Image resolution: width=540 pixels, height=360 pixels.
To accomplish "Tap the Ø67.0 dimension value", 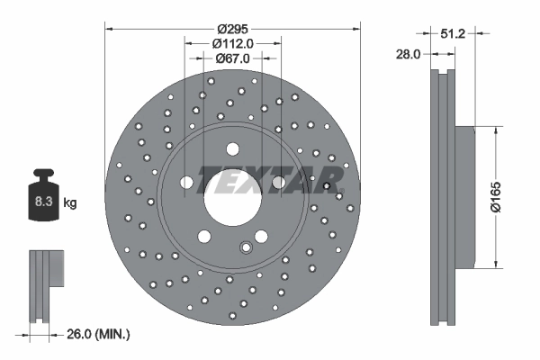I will pos(233,58).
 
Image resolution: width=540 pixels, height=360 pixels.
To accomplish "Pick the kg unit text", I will pos(70,204).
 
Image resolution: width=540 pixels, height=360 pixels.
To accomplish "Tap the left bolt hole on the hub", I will pos(187,184).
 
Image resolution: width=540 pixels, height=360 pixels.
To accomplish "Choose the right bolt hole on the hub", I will pos(279,184).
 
